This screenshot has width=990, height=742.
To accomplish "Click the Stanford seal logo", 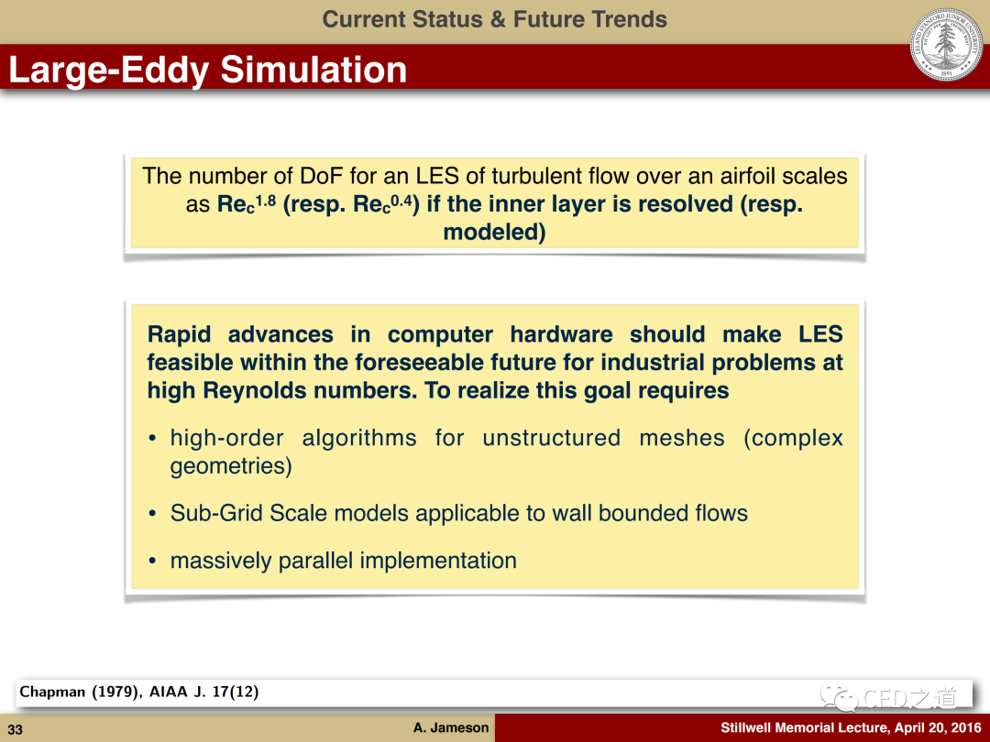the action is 946,45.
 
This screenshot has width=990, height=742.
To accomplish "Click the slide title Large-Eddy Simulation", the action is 208,70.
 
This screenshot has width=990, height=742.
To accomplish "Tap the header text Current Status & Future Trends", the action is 494,19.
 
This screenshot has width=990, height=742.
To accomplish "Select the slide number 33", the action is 16,729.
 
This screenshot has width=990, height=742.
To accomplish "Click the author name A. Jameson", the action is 451,727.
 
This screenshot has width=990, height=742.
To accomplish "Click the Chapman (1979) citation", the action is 139,692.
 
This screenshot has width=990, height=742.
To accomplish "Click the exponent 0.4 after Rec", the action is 401,201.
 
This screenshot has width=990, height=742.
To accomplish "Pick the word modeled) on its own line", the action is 494,232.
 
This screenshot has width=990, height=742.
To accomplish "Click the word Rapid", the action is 178,334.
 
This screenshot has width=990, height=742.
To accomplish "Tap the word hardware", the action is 561,334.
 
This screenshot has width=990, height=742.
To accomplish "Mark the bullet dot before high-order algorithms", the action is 152,439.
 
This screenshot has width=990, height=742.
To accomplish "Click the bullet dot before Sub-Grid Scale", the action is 152,514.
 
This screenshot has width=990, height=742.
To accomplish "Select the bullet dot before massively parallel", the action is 152,562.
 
